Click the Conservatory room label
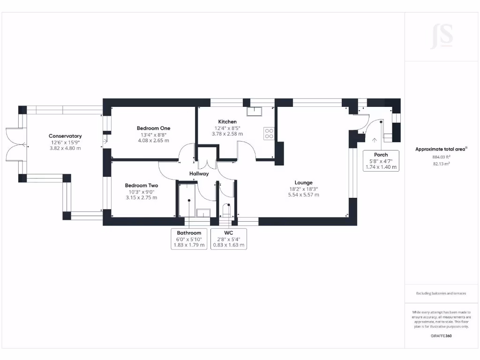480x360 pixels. point(65,136)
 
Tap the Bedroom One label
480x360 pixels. point(153,128)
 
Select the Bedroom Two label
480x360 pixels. point(142,186)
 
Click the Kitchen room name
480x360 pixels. point(227,121)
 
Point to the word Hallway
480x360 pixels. point(199,173)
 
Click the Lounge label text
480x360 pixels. point(303,183)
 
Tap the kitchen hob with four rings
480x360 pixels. point(269,134)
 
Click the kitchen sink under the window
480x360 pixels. point(255,111)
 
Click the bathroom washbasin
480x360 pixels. point(203,213)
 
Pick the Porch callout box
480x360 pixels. point(381,161)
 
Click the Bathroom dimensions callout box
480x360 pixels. point(189,239)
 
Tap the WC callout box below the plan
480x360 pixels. point(228,239)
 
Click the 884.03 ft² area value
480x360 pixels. point(441,157)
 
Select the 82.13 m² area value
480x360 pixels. point(441,164)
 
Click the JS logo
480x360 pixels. point(442,37)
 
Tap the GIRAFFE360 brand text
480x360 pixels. point(441,336)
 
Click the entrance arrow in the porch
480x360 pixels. point(375,140)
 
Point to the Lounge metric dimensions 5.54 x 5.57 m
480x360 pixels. point(303,195)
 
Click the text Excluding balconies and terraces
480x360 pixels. point(441,293)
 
